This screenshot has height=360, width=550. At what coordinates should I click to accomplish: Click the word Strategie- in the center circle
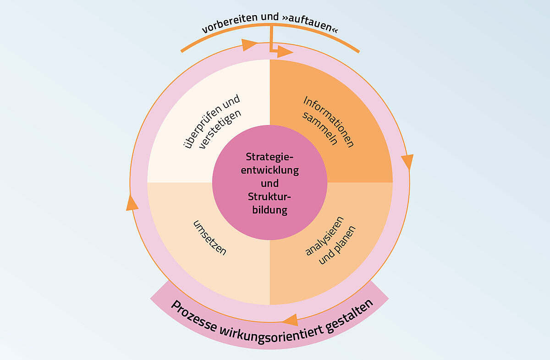(x=269, y=157)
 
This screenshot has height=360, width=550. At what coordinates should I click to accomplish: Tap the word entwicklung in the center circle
(x=270, y=170)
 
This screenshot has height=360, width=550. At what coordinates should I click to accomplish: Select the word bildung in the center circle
(x=270, y=210)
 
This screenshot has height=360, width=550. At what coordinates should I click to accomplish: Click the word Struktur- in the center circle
(x=269, y=197)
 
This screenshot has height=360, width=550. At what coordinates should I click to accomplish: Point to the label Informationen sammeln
(x=328, y=122)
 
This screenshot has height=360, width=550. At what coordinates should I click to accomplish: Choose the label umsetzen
(x=210, y=238)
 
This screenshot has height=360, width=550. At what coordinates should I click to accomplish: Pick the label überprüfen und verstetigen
(x=212, y=122)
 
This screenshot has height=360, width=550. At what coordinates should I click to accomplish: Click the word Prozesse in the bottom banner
(x=194, y=317)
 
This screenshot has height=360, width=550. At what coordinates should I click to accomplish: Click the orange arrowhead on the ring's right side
(x=408, y=161)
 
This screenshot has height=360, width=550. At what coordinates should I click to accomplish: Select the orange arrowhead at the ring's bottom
(x=291, y=320)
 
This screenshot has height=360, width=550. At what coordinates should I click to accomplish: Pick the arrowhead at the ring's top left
(x=249, y=45)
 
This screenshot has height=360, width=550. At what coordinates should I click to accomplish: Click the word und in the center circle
(x=269, y=183)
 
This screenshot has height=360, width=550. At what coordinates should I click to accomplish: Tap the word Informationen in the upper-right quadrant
(x=329, y=122)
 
